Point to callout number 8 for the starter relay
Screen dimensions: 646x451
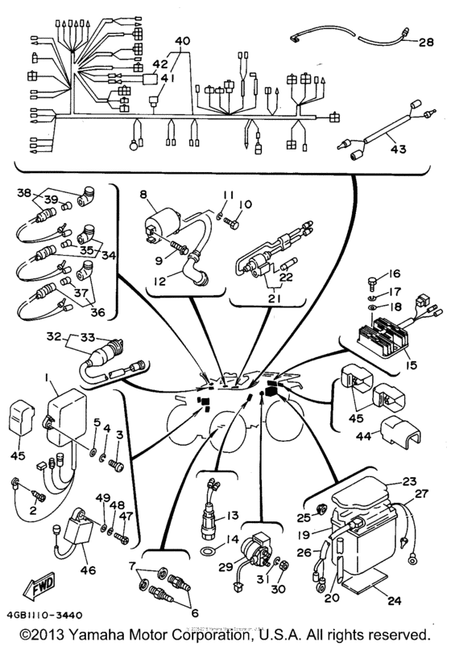143,194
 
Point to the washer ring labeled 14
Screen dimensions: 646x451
209,551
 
